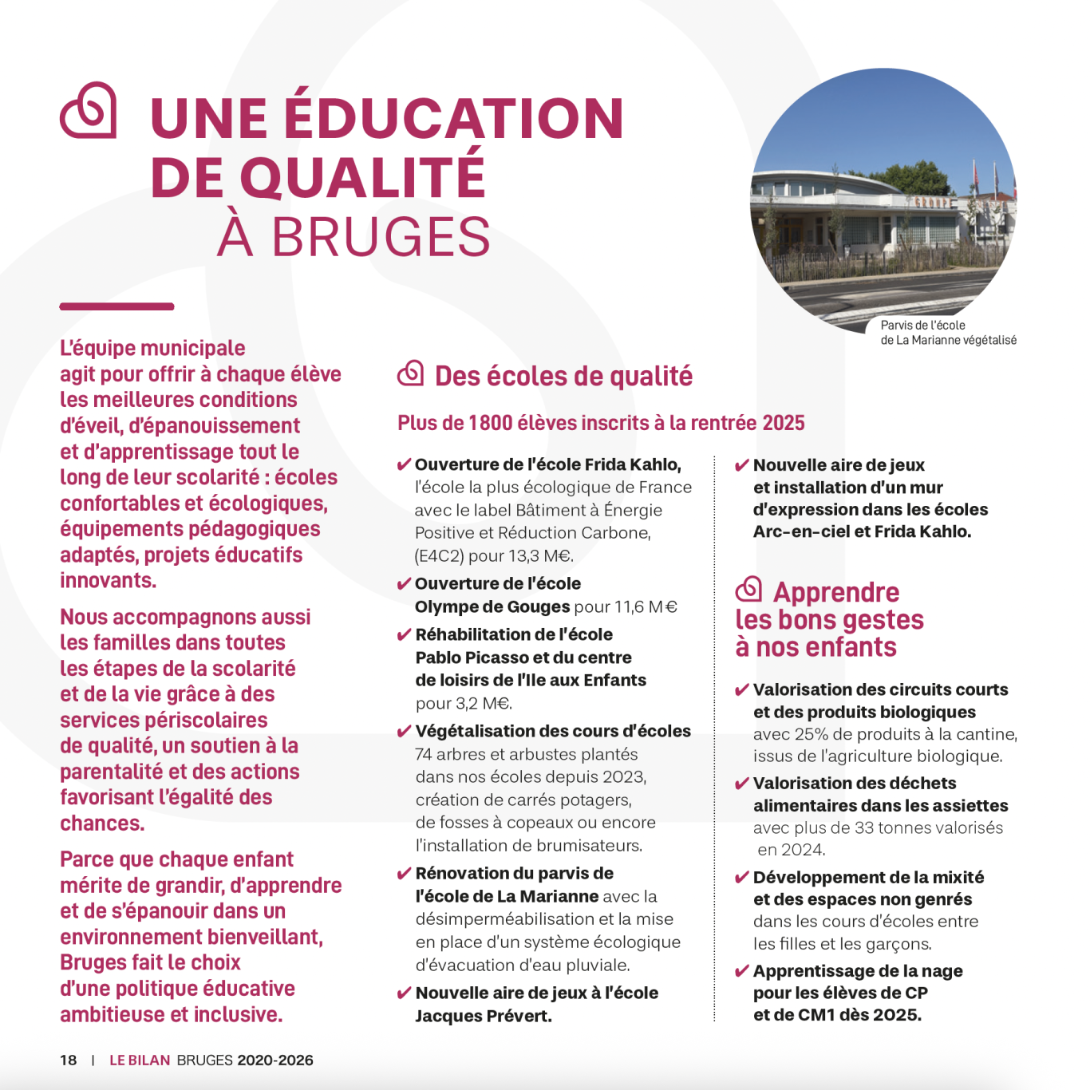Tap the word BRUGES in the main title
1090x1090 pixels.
point(381,237)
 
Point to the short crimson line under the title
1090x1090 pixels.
point(117,306)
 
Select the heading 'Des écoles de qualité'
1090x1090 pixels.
point(563,376)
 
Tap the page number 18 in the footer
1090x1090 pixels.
point(69,1060)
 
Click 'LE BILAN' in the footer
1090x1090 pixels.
point(140,1060)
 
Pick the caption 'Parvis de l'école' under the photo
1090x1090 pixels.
point(922,326)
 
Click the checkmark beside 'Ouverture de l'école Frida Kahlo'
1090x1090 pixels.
point(405,465)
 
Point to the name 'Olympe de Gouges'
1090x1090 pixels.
point(492,606)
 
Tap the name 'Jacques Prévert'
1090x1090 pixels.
point(484,1016)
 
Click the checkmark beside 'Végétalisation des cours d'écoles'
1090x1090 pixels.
point(405,732)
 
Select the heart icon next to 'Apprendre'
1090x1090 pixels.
point(748,589)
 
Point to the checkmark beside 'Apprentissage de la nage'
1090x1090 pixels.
point(742,971)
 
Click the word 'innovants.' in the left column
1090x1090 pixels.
point(109,580)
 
